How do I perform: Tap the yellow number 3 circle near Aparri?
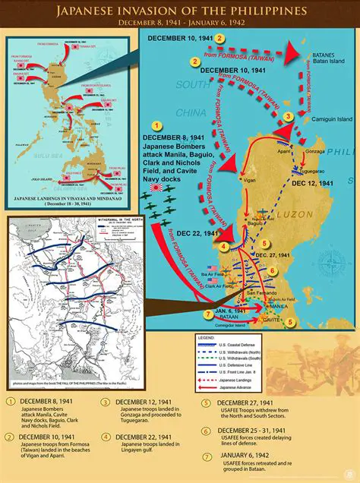pos(289,116)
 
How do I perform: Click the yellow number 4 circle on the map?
pos(224,246)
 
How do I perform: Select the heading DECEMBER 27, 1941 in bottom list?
pos(255,402)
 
